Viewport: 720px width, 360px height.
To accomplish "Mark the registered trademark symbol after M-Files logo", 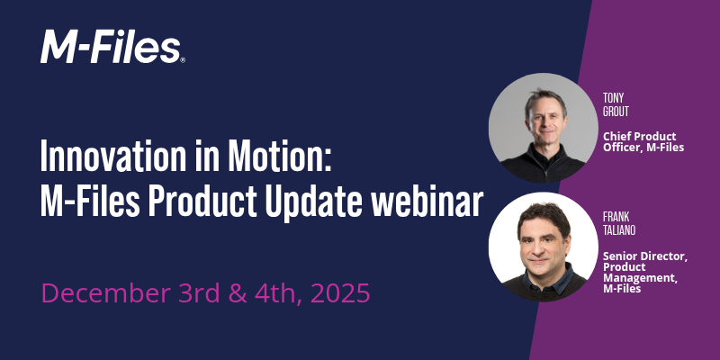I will point(183,59).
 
